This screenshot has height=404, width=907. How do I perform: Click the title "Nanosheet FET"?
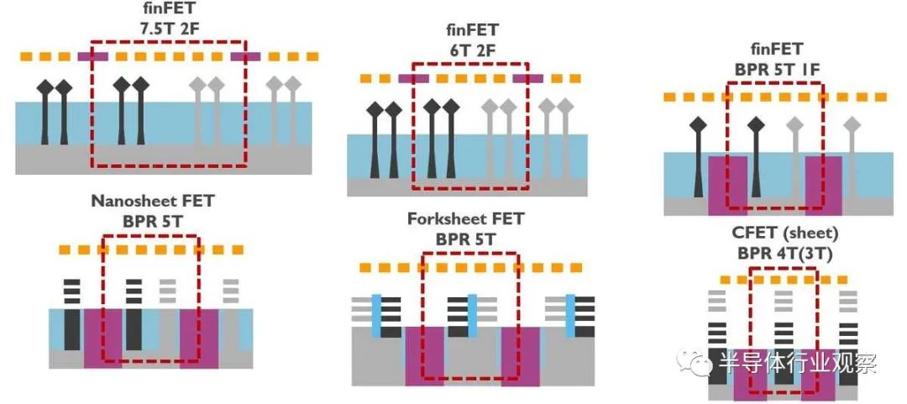(153, 202)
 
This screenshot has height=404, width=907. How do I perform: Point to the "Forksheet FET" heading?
(465, 219)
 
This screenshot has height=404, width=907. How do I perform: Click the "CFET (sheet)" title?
(784, 234)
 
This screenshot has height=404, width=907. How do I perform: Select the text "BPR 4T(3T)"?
(784, 254)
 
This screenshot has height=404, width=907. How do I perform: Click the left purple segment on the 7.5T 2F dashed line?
(92, 57)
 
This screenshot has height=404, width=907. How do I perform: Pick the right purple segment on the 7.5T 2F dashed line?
(246, 57)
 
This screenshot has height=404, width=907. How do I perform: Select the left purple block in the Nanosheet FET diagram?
(103, 338)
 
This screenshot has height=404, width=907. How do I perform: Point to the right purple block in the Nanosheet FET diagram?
(199, 338)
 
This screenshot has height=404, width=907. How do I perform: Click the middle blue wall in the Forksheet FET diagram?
(472, 316)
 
